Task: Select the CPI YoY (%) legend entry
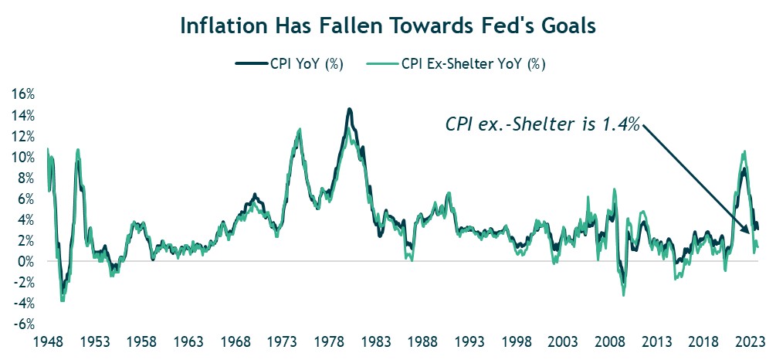click(290, 64)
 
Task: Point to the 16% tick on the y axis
click(23, 94)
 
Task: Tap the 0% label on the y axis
click(26, 262)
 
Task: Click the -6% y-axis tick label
click(24, 324)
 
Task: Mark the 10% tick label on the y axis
click(23, 157)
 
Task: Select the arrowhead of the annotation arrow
click(747, 232)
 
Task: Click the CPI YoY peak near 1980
click(349, 110)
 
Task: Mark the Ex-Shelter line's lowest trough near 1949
click(62, 300)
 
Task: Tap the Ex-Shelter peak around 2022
click(744, 151)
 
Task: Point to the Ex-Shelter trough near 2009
click(623, 295)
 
